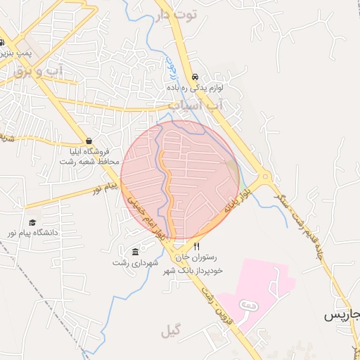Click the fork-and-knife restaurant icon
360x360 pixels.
click(197, 247)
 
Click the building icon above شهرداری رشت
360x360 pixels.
click(135, 252)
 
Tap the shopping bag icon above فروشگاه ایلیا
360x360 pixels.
click(89, 140)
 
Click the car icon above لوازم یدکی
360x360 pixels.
click(195, 77)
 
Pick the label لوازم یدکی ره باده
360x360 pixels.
click(195, 89)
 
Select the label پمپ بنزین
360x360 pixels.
click(15, 53)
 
